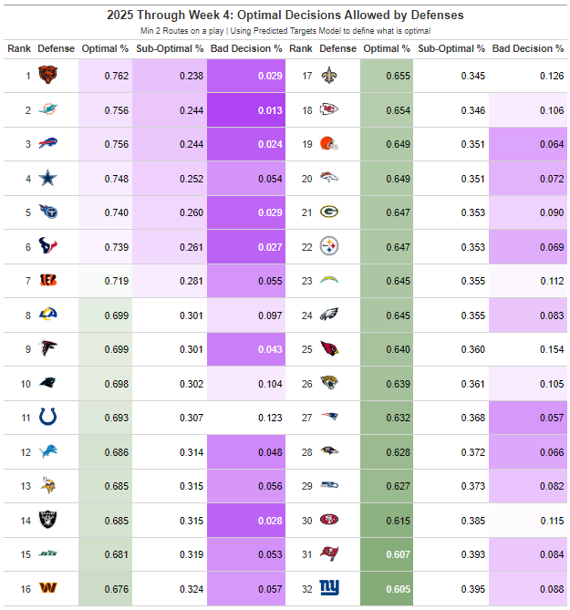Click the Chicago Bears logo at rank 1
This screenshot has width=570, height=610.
[48, 76]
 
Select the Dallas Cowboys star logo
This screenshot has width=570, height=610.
[48, 179]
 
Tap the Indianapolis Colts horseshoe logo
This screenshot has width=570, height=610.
[48, 418]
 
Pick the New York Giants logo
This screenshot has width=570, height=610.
[329, 588]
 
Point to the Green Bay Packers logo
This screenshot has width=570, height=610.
[329, 212]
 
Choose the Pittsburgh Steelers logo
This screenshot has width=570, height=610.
[329, 246]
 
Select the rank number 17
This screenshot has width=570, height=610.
[307, 76]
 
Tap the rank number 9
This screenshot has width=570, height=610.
[26, 349]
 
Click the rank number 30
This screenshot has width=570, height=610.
[307, 520]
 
